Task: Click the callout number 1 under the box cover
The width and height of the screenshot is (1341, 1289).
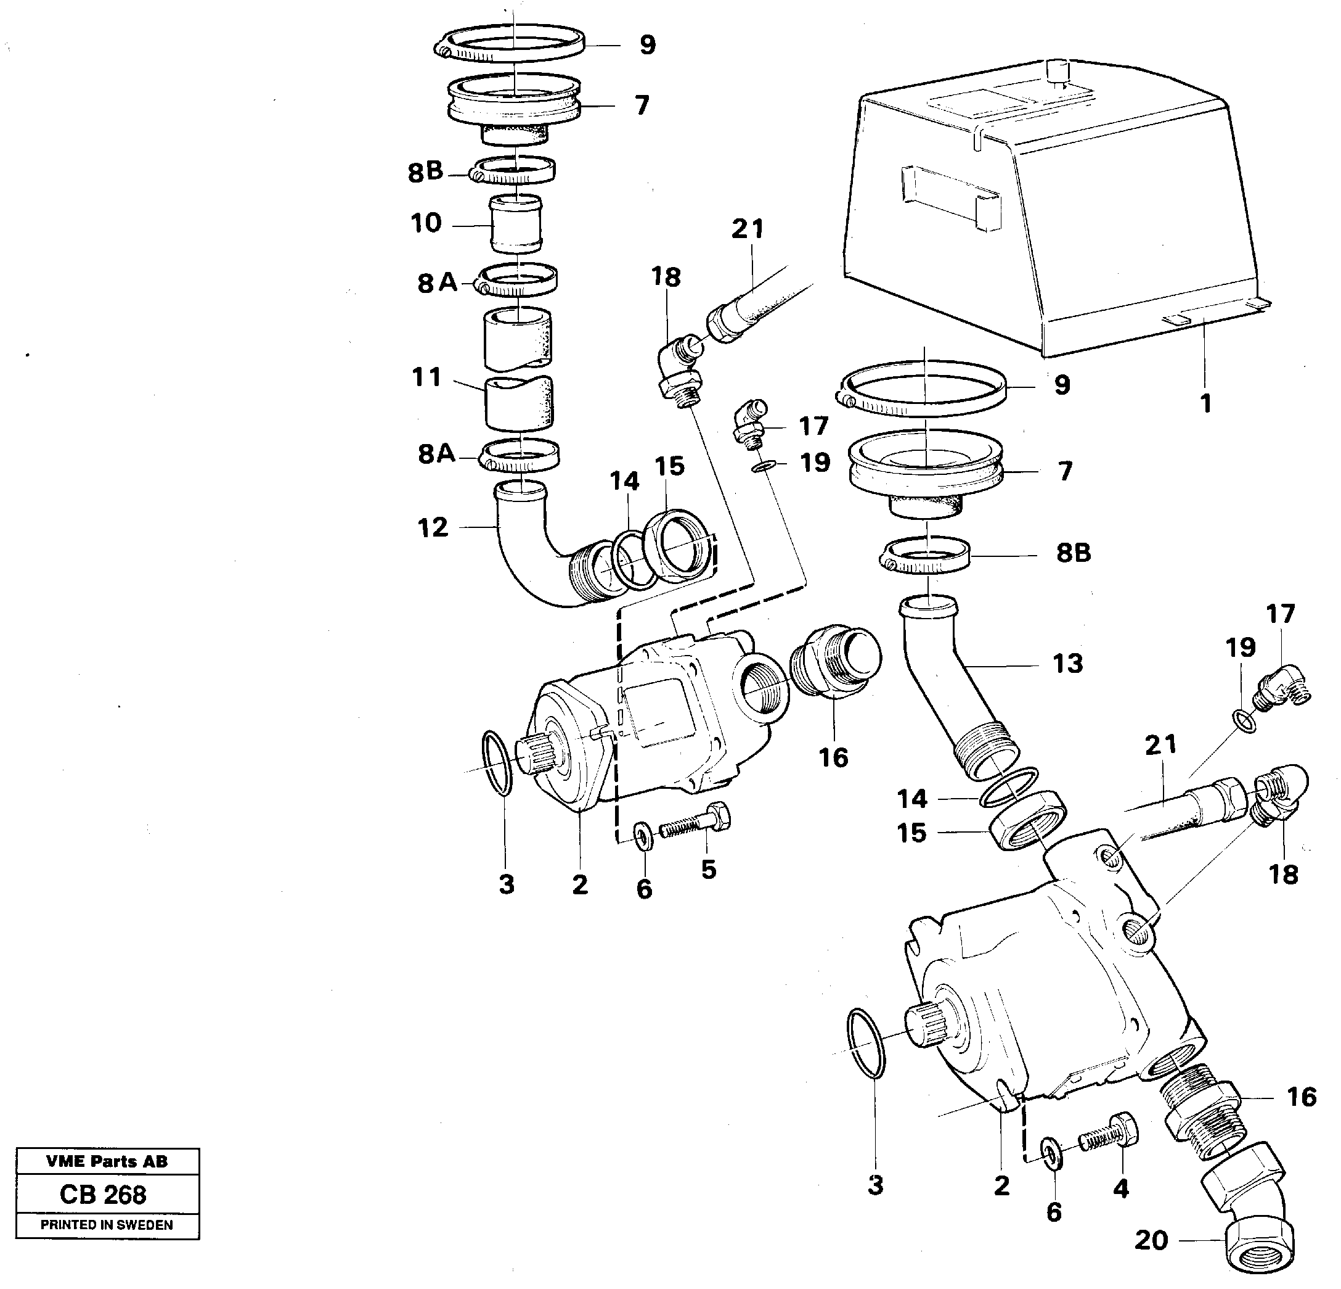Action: (x=1205, y=403)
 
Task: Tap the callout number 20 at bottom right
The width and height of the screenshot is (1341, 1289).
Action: (x=1151, y=1240)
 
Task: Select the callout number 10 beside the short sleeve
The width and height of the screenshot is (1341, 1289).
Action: (x=426, y=223)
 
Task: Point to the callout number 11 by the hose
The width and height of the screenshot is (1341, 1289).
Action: (x=427, y=377)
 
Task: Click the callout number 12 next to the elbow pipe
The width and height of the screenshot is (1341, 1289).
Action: (x=433, y=527)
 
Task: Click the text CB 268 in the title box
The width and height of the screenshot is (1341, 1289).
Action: (x=103, y=1195)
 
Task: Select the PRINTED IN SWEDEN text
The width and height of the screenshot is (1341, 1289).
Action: (x=107, y=1225)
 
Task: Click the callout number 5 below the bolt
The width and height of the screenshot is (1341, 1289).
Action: (x=708, y=870)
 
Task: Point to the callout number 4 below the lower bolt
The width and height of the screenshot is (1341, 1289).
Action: (x=1120, y=1188)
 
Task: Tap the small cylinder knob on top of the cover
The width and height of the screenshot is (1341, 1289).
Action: (x=1058, y=71)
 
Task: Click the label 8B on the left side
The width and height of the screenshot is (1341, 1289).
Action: (x=425, y=172)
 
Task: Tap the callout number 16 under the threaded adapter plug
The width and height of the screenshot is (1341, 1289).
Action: (x=833, y=758)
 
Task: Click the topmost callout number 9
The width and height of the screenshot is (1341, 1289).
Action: (x=646, y=45)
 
